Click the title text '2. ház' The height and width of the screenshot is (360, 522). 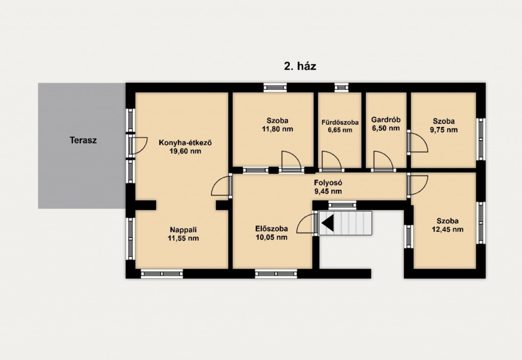point(300,66)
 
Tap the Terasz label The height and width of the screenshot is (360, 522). point(83,140)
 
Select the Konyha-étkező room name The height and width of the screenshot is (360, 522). point(186,143)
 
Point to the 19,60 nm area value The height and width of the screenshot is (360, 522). point(186,151)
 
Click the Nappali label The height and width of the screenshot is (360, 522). point(184,230)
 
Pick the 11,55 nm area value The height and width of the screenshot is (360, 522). point(184,238)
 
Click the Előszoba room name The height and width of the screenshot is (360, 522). point(272,229)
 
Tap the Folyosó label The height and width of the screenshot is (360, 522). point(328,183)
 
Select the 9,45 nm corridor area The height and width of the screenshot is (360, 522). point(328,191)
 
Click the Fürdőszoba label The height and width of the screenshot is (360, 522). point(340,122)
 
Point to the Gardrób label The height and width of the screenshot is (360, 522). point(386,119)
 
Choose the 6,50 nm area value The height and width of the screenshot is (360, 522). point(386,128)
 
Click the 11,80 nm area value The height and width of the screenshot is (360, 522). point(277,129)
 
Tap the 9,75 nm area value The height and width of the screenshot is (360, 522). point(444,130)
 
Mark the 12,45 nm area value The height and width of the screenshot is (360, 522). point(448,229)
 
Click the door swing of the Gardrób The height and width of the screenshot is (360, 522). point(383,161)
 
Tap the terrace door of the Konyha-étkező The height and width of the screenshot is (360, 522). point(138,145)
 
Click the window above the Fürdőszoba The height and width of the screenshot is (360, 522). point(342,87)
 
